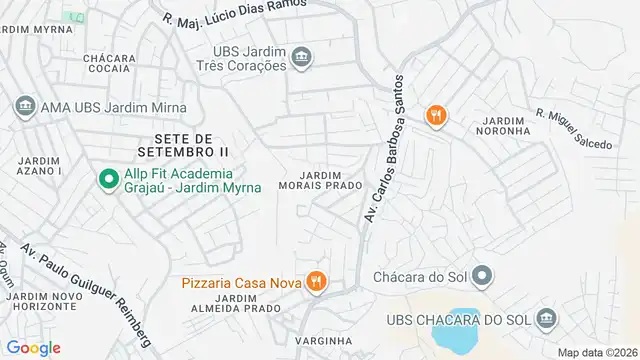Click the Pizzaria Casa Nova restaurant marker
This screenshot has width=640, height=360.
[316, 283]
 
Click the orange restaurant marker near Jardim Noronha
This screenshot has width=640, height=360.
[435, 116]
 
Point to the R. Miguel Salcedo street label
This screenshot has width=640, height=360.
[573, 130]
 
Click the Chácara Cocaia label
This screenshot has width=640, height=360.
[110, 65]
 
